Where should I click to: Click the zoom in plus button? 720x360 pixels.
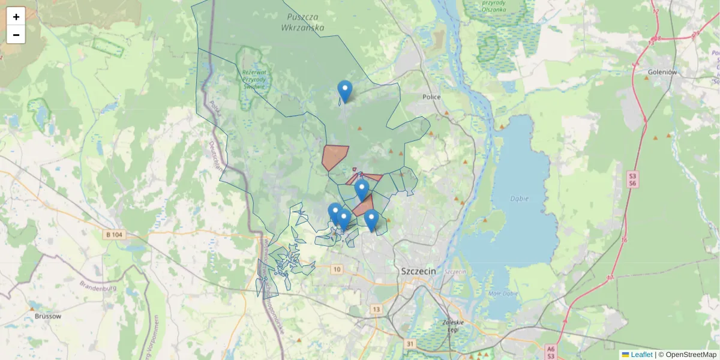pos(16,17)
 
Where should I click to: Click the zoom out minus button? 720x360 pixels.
pos(16,35)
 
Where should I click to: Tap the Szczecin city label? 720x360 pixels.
pos(417,271)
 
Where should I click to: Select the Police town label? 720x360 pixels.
pos(431,97)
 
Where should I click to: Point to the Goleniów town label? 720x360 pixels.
pos(662,73)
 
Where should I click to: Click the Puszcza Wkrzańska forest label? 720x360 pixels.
pos(305,22)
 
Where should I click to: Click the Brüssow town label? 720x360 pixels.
pos(48,316)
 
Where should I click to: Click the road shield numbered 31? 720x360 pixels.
pos(410,344)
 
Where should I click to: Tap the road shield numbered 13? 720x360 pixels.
pos(376,309)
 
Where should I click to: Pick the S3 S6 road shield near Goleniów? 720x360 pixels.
pos(632,179)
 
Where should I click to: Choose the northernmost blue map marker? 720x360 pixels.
pos(345,91)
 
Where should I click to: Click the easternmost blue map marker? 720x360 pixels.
pos(371,220)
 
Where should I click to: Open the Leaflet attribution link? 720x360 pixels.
pos(641,355)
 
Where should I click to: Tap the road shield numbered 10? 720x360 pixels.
pos(337,269)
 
